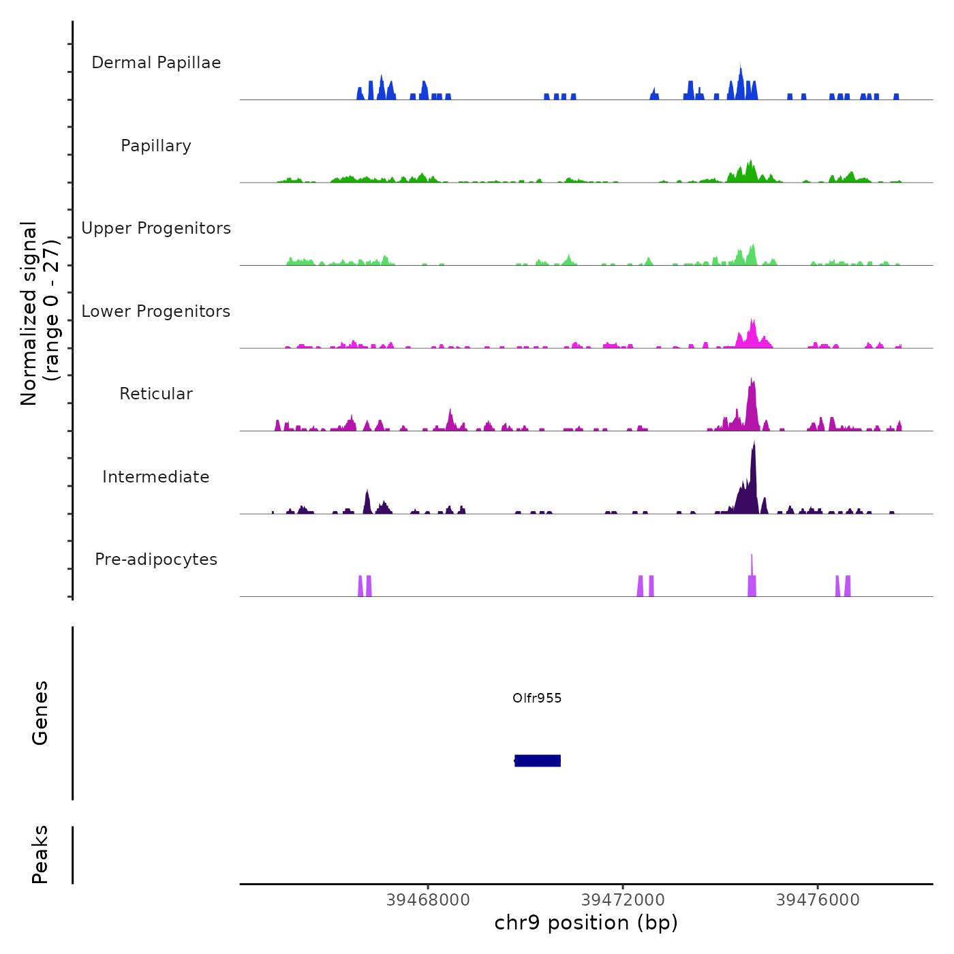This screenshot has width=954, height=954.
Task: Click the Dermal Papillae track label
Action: click(156, 63)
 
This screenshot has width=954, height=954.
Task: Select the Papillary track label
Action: click(156, 146)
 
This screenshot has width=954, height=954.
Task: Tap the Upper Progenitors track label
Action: click(156, 228)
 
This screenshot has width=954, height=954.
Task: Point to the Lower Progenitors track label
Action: click(156, 311)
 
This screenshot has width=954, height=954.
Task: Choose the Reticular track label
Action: click(156, 394)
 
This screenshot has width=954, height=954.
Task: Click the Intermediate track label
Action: click(156, 477)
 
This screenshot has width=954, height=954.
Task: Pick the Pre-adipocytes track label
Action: click(156, 559)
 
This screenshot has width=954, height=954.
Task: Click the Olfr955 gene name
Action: click(537, 698)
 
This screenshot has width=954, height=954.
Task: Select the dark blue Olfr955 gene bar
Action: click(538, 760)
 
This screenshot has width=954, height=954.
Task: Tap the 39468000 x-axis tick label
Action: click(428, 900)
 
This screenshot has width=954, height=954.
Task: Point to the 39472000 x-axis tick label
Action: click(623, 900)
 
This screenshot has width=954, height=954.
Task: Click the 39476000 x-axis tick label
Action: click(818, 900)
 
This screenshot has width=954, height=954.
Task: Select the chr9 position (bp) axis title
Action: click(586, 923)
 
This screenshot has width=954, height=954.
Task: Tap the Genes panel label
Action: click(40, 713)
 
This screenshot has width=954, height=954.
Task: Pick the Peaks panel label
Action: click(40, 855)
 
